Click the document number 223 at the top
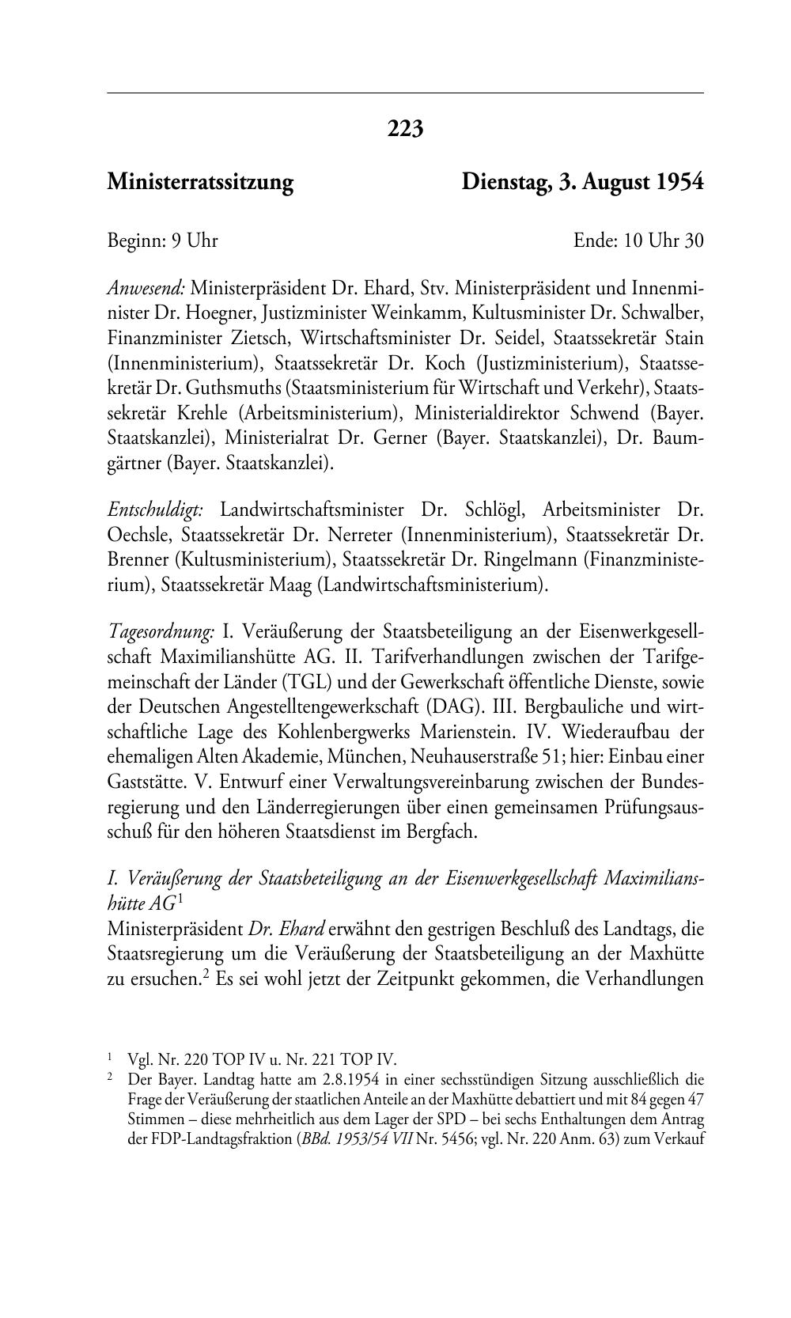405,128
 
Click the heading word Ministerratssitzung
200,183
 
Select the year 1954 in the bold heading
678,183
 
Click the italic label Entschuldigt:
156,509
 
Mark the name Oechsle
138,535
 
